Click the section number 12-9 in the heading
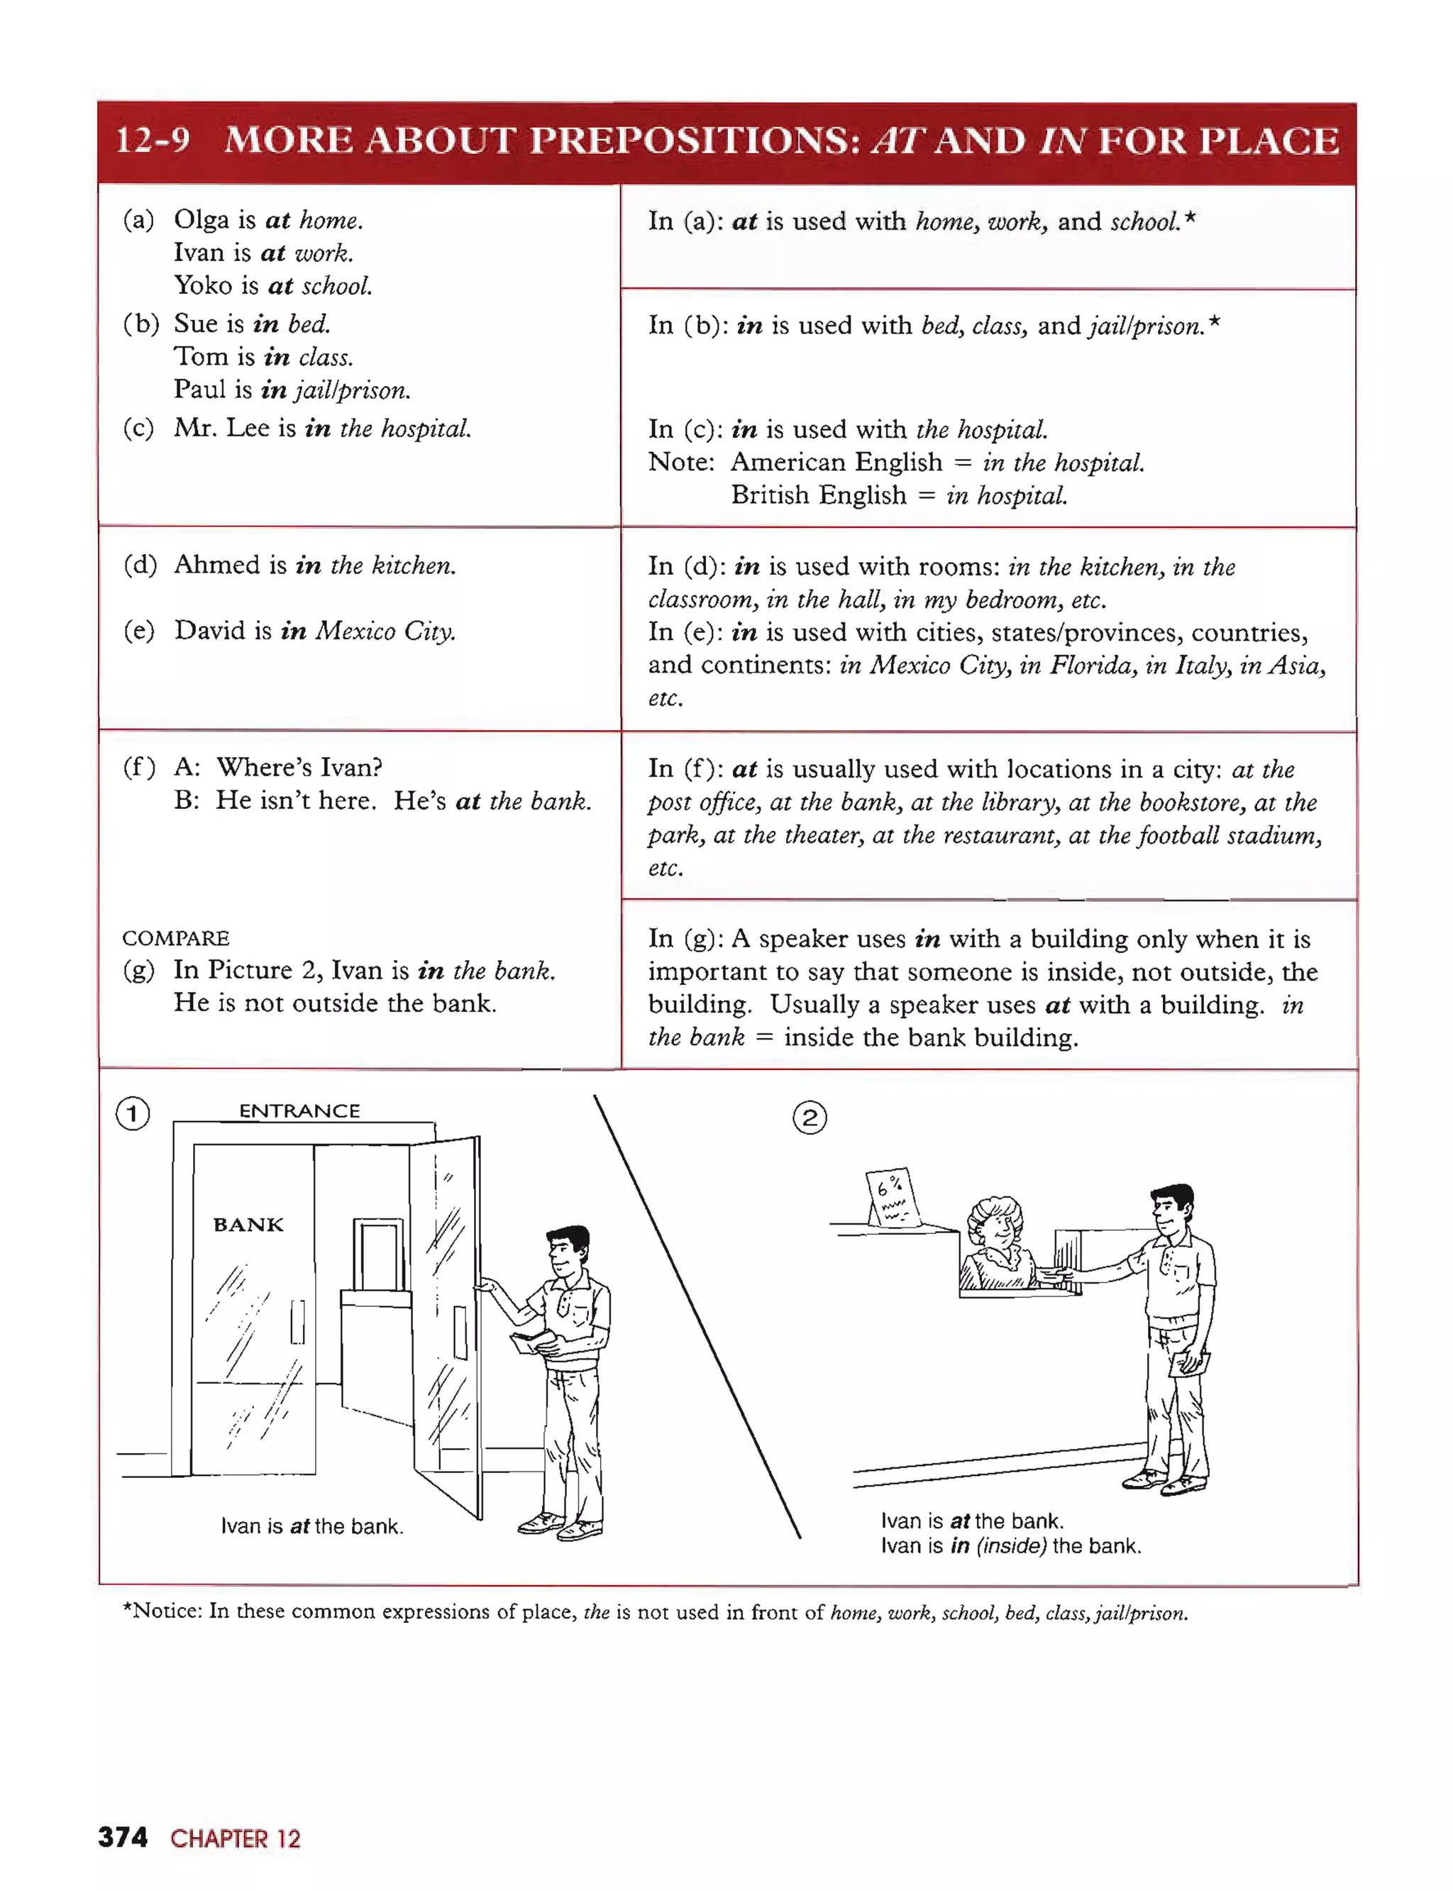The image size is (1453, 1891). [153, 140]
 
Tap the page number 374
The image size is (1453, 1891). [123, 1836]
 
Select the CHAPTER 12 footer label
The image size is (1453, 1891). [236, 1838]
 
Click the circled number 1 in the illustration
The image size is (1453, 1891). [133, 1113]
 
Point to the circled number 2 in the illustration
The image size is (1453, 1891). [810, 1118]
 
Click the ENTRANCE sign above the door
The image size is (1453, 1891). [299, 1110]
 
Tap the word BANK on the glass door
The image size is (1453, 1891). [248, 1225]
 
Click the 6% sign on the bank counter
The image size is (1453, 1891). [891, 1196]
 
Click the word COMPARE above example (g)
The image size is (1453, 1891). [175, 938]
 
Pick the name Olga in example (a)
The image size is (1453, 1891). [201, 220]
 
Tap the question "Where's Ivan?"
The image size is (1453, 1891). [299, 767]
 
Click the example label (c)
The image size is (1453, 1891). [138, 428]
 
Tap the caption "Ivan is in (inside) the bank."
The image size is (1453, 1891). [1011, 1546]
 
